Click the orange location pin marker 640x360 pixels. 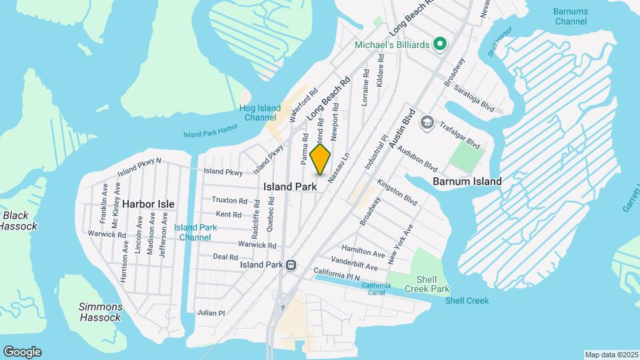(321, 159)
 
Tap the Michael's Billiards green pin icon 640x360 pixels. (439, 44)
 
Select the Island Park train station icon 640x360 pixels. (291, 265)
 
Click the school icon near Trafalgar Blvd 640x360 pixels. (427, 123)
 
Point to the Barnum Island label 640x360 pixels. (467, 181)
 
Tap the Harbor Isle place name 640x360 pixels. (148, 204)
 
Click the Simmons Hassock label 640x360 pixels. (100, 312)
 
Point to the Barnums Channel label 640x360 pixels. (570, 16)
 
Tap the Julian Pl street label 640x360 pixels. (211, 312)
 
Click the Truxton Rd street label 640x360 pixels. (229, 200)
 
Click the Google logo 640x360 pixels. (22, 352)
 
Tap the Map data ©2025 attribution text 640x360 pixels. (611, 355)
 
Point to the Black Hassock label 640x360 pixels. (15, 221)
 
